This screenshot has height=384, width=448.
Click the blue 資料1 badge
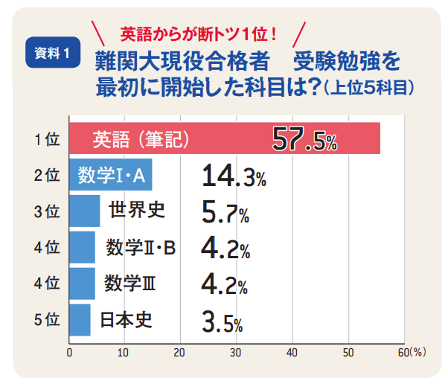coord(53,53)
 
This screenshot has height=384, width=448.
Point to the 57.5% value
coord(304,139)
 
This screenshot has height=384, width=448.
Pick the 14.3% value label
coord(233,176)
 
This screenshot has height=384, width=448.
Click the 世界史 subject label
coord(136,211)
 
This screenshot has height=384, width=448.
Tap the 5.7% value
coord(225,213)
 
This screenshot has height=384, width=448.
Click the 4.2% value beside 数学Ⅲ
coord(225,285)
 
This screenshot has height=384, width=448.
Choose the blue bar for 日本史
coord(80,320)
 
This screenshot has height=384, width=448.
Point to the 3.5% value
coord(222,321)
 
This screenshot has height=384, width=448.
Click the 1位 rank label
coord(46,140)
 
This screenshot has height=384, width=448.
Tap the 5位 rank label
coord(46,321)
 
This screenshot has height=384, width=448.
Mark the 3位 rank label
coord(46,212)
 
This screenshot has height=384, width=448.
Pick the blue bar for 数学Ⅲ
coord(82,284)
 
